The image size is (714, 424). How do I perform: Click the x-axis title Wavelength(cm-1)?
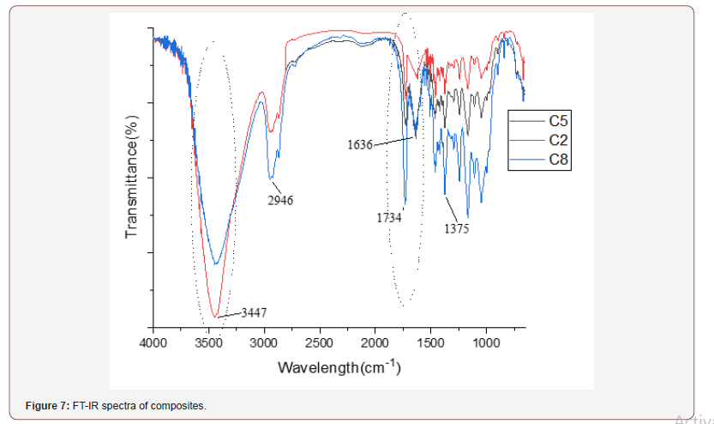pyautogui.click(x=339, y=367)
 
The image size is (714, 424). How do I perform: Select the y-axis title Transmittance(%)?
pyautogui.click(x=132, y=176)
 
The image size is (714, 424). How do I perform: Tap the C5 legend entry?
pyautogui.click(x=559, y=121)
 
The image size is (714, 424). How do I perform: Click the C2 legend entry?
pyautogui.click(x=559, y=140)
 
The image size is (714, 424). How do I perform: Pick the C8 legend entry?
pyautogui.click(x=559, y=159)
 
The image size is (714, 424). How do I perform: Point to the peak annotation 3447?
pyautogui.click(x=254, y=312)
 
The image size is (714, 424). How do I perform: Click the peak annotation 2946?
pyautogui.click(x=279, y=201)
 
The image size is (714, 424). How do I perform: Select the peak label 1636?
pyautogui.click(x=360, y=145)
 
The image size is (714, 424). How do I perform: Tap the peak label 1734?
pyautogui.click(x=389, y=218)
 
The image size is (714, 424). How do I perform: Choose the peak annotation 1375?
pyautogui.click(x=456, y=229)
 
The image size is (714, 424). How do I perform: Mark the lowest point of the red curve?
pyautogui.click(x=216, y=317)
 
